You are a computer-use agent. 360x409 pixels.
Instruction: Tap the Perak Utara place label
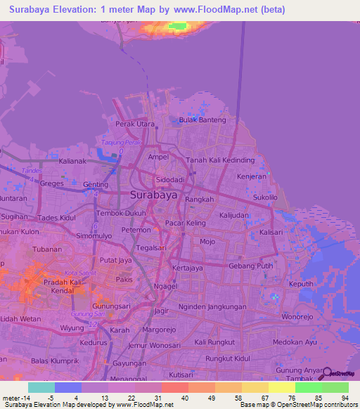click(x=135, y=124)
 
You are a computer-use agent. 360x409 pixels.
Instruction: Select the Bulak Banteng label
click(x=204, y=119)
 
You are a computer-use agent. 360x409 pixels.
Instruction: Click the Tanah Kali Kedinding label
click(x=220, y=160)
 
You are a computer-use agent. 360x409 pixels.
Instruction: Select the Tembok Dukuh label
click(x=121, y=213)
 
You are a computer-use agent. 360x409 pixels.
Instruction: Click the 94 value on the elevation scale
click(x=343, y=398)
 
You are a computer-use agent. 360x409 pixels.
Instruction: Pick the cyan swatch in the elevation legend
click(x=41, y=387)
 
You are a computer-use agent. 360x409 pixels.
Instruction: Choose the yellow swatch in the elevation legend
click(x=281, y=387)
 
